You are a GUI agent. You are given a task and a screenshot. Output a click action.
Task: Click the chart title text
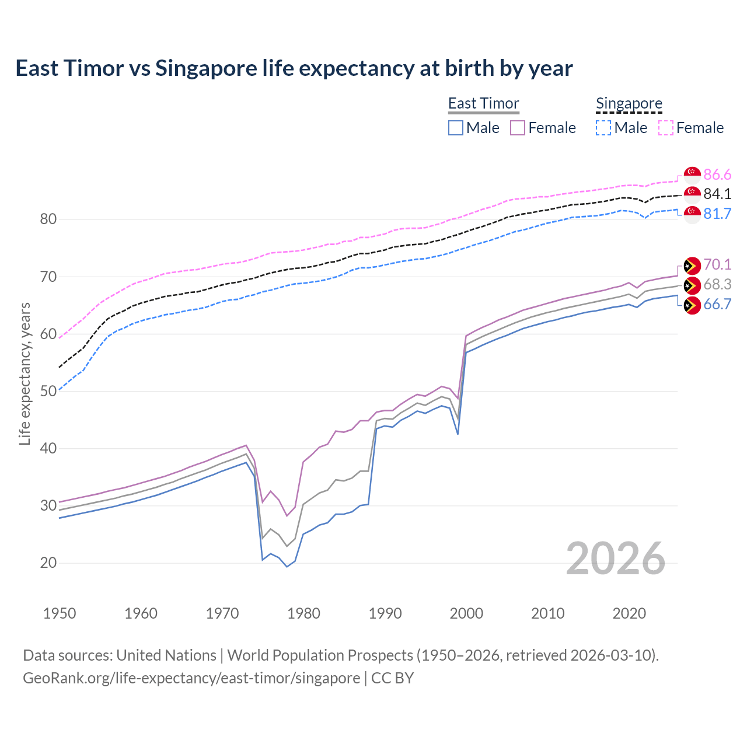point(294,68)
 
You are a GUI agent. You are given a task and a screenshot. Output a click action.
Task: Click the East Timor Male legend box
point(456,128)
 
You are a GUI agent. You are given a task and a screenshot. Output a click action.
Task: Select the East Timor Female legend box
point(518,128)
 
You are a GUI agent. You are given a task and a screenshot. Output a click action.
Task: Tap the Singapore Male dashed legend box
point(603,128)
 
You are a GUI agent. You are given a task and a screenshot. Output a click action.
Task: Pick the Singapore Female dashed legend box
point(665,128)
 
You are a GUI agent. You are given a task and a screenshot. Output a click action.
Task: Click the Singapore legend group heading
point(629,103)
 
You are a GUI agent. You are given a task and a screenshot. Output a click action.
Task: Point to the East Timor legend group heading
point(483,103)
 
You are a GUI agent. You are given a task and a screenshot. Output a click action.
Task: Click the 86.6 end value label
point(717,174)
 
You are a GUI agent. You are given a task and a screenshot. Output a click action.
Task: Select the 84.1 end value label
point(717,194)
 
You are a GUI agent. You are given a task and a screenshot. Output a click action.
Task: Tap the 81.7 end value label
point(717,214)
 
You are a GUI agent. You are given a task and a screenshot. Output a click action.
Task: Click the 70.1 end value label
point(717,264)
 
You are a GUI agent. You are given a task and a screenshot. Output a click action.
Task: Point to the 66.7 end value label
point(717,304)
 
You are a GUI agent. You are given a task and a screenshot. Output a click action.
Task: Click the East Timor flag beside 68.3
point(692,285)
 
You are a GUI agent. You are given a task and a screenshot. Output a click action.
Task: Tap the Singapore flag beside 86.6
point(692,174)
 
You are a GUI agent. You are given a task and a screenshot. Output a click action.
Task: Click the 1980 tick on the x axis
point(304,613)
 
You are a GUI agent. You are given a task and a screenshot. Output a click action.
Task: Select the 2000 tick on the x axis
point(466,613)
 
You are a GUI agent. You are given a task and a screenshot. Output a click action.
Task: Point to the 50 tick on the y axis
point(48,391)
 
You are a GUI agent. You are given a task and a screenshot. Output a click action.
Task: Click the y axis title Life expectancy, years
point(25,373)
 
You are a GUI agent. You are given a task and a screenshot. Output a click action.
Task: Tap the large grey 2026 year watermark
point(615,558)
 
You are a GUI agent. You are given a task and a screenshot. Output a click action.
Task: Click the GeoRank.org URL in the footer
point(191,678)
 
